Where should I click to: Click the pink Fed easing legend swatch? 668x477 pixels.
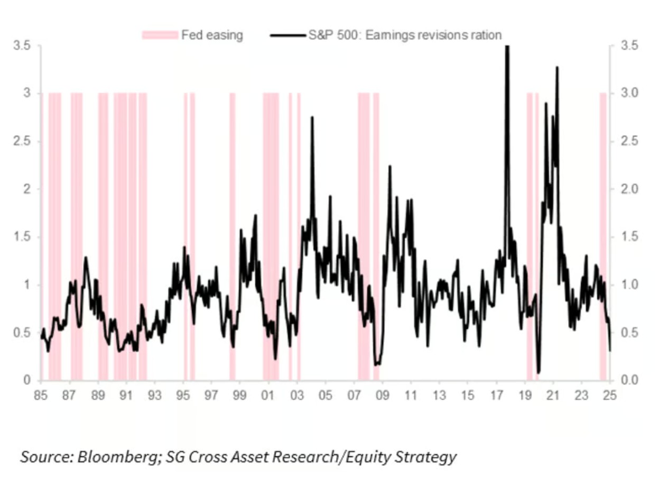[160, 35]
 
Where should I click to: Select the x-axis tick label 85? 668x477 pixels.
[40, 395]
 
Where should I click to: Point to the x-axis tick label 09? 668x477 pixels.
[382, 395]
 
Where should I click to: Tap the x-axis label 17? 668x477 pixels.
[496, 395]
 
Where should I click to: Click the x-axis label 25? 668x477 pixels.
[610, 395]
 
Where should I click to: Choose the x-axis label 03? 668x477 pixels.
[297, 395]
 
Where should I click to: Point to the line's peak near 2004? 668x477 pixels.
[312, 117]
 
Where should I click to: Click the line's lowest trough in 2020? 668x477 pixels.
[539, 372]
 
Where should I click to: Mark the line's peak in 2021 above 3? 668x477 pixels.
[557, 68]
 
